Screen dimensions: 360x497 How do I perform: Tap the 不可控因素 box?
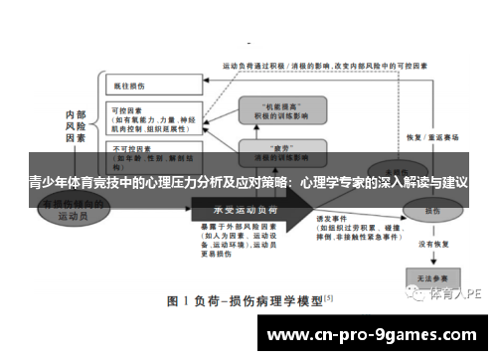139,157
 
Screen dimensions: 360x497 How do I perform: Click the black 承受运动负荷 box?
245,210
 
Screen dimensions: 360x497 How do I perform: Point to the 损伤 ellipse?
430,211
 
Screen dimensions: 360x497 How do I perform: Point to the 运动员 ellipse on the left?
76,208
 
